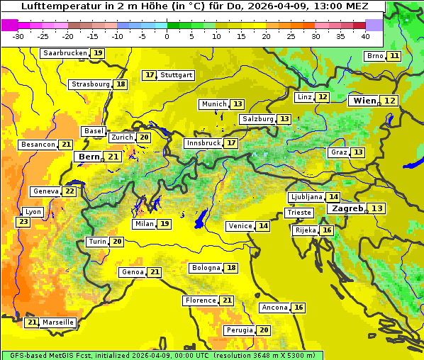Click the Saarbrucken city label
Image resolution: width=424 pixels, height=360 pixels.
pyautogui.click(x=65, y=53)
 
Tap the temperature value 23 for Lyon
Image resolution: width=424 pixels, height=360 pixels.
pyautogui.click(x=23, y=223)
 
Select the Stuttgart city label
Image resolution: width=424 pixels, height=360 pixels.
pyautogui.click(x=177, y=75)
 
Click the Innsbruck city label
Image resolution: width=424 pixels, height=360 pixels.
pyautogui.click(x=203, y=143)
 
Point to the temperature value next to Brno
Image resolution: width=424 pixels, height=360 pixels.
pyautogui.click(x=394, y=56)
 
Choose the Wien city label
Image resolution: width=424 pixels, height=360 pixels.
pyautogui.click(x=365, y=101)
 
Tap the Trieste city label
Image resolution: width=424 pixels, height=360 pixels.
pyautogui.click(x=299, y=213)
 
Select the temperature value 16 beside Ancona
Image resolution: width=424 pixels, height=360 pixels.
pyautogui.click(x=299, y=308)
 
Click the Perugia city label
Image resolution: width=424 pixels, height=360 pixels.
pyautogui.click(x=239, y=330)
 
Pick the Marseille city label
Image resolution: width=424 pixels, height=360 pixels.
pyautogui.click(x=57, y=322)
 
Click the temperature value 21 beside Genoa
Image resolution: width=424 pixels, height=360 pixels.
pyautogui.click(x=155, y=272)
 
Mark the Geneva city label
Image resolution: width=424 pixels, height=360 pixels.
pyautogui.click(x=45, y=191)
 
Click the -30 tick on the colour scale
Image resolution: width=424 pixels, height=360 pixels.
pyautogui.click(x=18, y=36)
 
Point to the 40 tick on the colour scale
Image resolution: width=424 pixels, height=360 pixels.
pyautogui.click(x=365, y=36)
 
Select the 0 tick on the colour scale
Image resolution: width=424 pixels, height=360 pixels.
pyautogui.click(x=167, y=36)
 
